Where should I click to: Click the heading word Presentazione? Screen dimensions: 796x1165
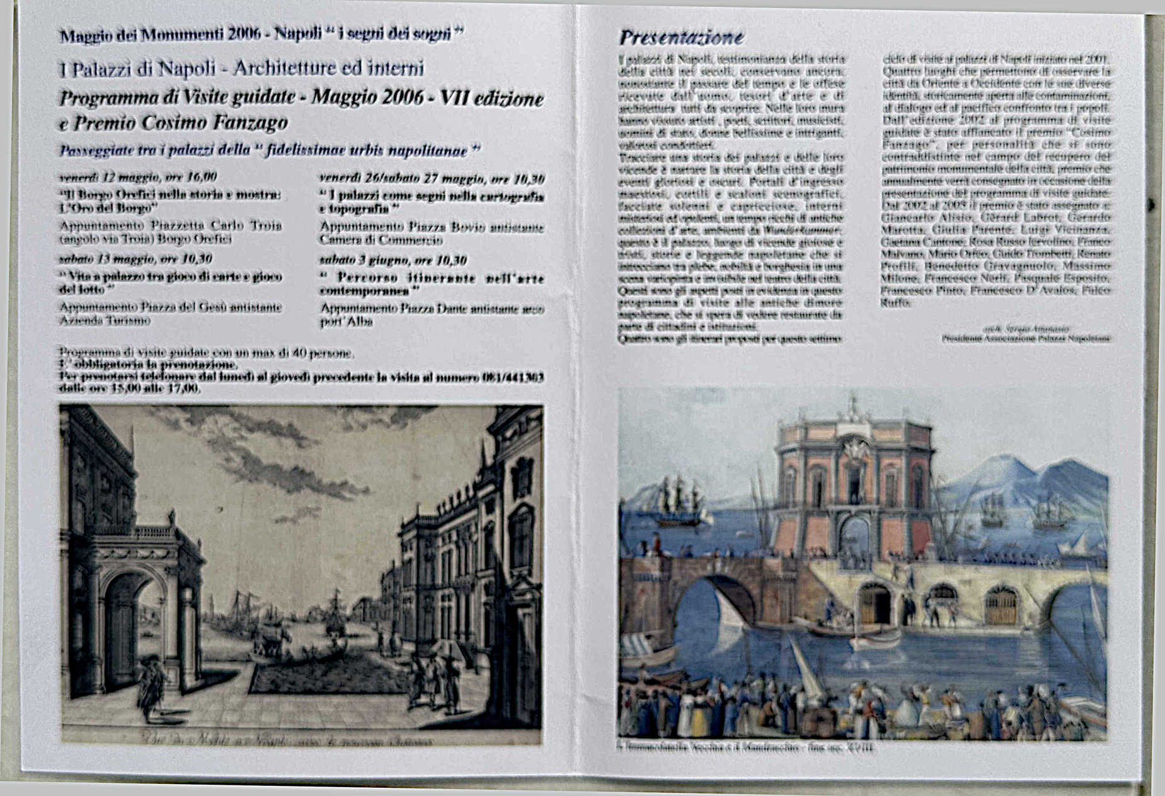coord(681,38)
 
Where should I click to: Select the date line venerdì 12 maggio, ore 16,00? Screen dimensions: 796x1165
coord(138,177)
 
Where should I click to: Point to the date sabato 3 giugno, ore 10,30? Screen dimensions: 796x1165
coord(393,260)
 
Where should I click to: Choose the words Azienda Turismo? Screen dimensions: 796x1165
coord(105,321)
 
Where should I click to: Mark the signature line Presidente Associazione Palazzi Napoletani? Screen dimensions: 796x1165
coord(1026,339)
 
